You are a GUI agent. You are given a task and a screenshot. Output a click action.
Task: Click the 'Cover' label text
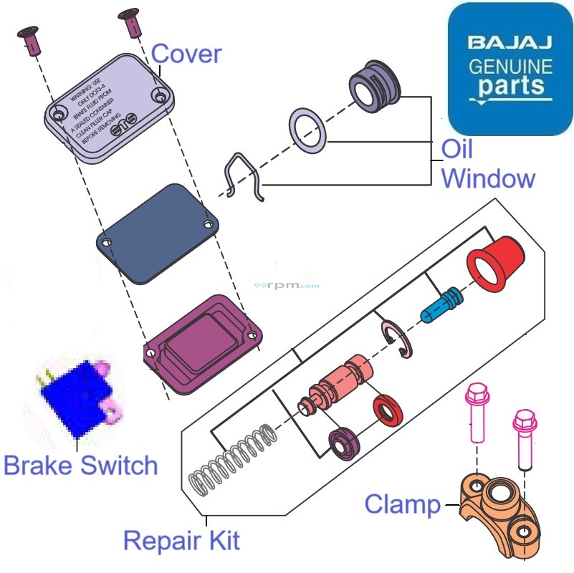pos(186,54)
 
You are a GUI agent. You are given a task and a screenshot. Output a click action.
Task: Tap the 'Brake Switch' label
pos(80,466)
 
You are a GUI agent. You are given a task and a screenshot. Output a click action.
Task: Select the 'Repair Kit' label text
pos(181,539)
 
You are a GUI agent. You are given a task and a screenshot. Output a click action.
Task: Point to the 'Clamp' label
pos(402,504)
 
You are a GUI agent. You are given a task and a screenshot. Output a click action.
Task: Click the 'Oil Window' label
pos(487,165)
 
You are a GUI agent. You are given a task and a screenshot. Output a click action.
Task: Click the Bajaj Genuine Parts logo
pos(510,69)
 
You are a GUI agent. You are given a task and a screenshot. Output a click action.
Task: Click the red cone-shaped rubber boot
pos(496,262)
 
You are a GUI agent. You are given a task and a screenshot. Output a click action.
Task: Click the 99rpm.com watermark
pos(287,284)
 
